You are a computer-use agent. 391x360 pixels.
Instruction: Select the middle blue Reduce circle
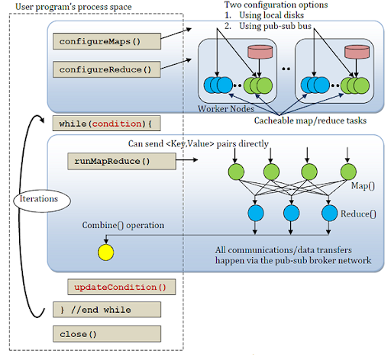tap(291, 214)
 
